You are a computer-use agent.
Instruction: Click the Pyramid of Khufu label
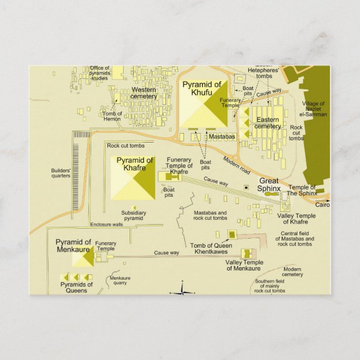click(202, 88)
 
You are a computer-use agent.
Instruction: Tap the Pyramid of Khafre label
click(135, 164)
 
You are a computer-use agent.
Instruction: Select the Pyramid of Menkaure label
click(73, 246)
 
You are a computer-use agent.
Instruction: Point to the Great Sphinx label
click(268, 184)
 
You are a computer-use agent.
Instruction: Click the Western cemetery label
click(144, 93)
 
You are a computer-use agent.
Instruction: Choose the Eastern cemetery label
click(268, 122)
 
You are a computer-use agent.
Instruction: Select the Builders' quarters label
click(61, 173)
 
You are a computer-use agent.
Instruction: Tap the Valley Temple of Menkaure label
click(244, 266)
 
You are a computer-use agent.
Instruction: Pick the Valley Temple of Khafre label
click(296, 219)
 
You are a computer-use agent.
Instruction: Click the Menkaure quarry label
click(120, 281)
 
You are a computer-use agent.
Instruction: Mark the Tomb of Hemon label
click(112, 116)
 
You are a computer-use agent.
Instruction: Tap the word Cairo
click(323, 205)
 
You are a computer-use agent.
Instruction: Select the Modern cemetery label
click(292, 272)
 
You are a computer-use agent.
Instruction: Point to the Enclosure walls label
click(106, 225)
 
